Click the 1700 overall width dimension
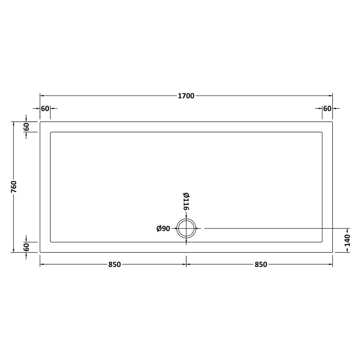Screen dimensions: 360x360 (186, 96)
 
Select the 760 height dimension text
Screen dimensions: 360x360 (14, 187)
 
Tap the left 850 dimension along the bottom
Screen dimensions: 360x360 (114, 265)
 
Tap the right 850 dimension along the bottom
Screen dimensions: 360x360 (261, 265)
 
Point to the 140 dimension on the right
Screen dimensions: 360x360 (347, 240)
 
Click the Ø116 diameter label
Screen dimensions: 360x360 (186, 201)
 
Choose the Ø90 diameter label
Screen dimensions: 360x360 (163, 229)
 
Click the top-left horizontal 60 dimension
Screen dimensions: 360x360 (45, 108)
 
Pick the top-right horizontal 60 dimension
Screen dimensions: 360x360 (327, 108)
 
